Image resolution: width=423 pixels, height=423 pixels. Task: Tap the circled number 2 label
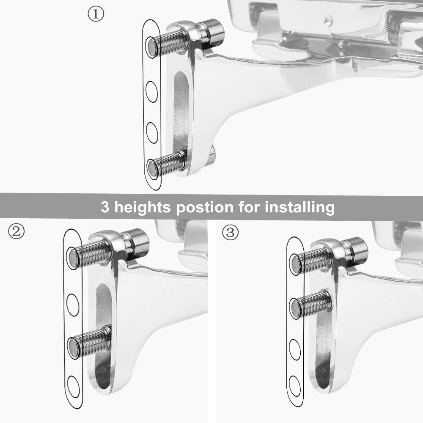pos(16,231)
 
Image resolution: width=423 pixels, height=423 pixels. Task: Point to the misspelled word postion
pos(204,208)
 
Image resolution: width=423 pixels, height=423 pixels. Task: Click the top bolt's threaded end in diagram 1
pos(153,46)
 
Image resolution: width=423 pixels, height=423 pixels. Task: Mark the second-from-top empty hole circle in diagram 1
pos(151,92)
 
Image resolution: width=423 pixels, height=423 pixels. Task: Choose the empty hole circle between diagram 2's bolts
pos(74,304)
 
